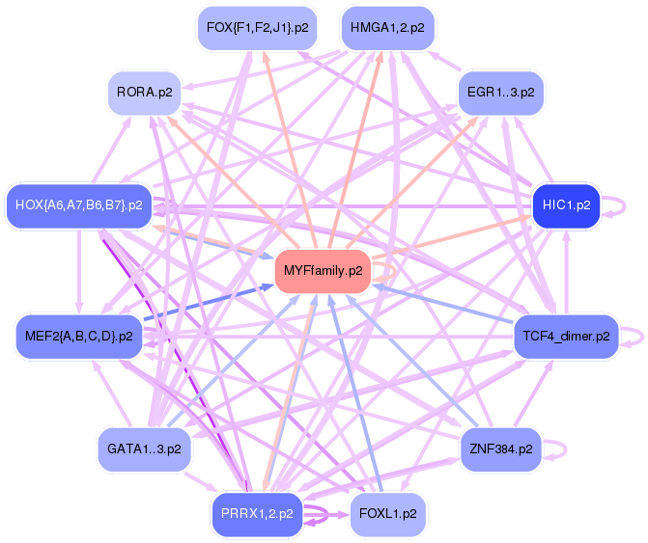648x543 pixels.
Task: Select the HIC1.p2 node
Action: point(567,205)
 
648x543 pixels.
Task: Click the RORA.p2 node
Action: point(145,93)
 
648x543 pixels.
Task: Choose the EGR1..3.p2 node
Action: point(499,93)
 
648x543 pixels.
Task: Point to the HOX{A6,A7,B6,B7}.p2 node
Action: point(79,205)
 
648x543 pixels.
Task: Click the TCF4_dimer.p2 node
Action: point(566,337)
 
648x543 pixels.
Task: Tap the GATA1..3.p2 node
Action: point(145,449)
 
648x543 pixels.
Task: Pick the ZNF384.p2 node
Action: point(500,449)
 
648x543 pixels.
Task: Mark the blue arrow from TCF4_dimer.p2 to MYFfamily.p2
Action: point(444,305)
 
